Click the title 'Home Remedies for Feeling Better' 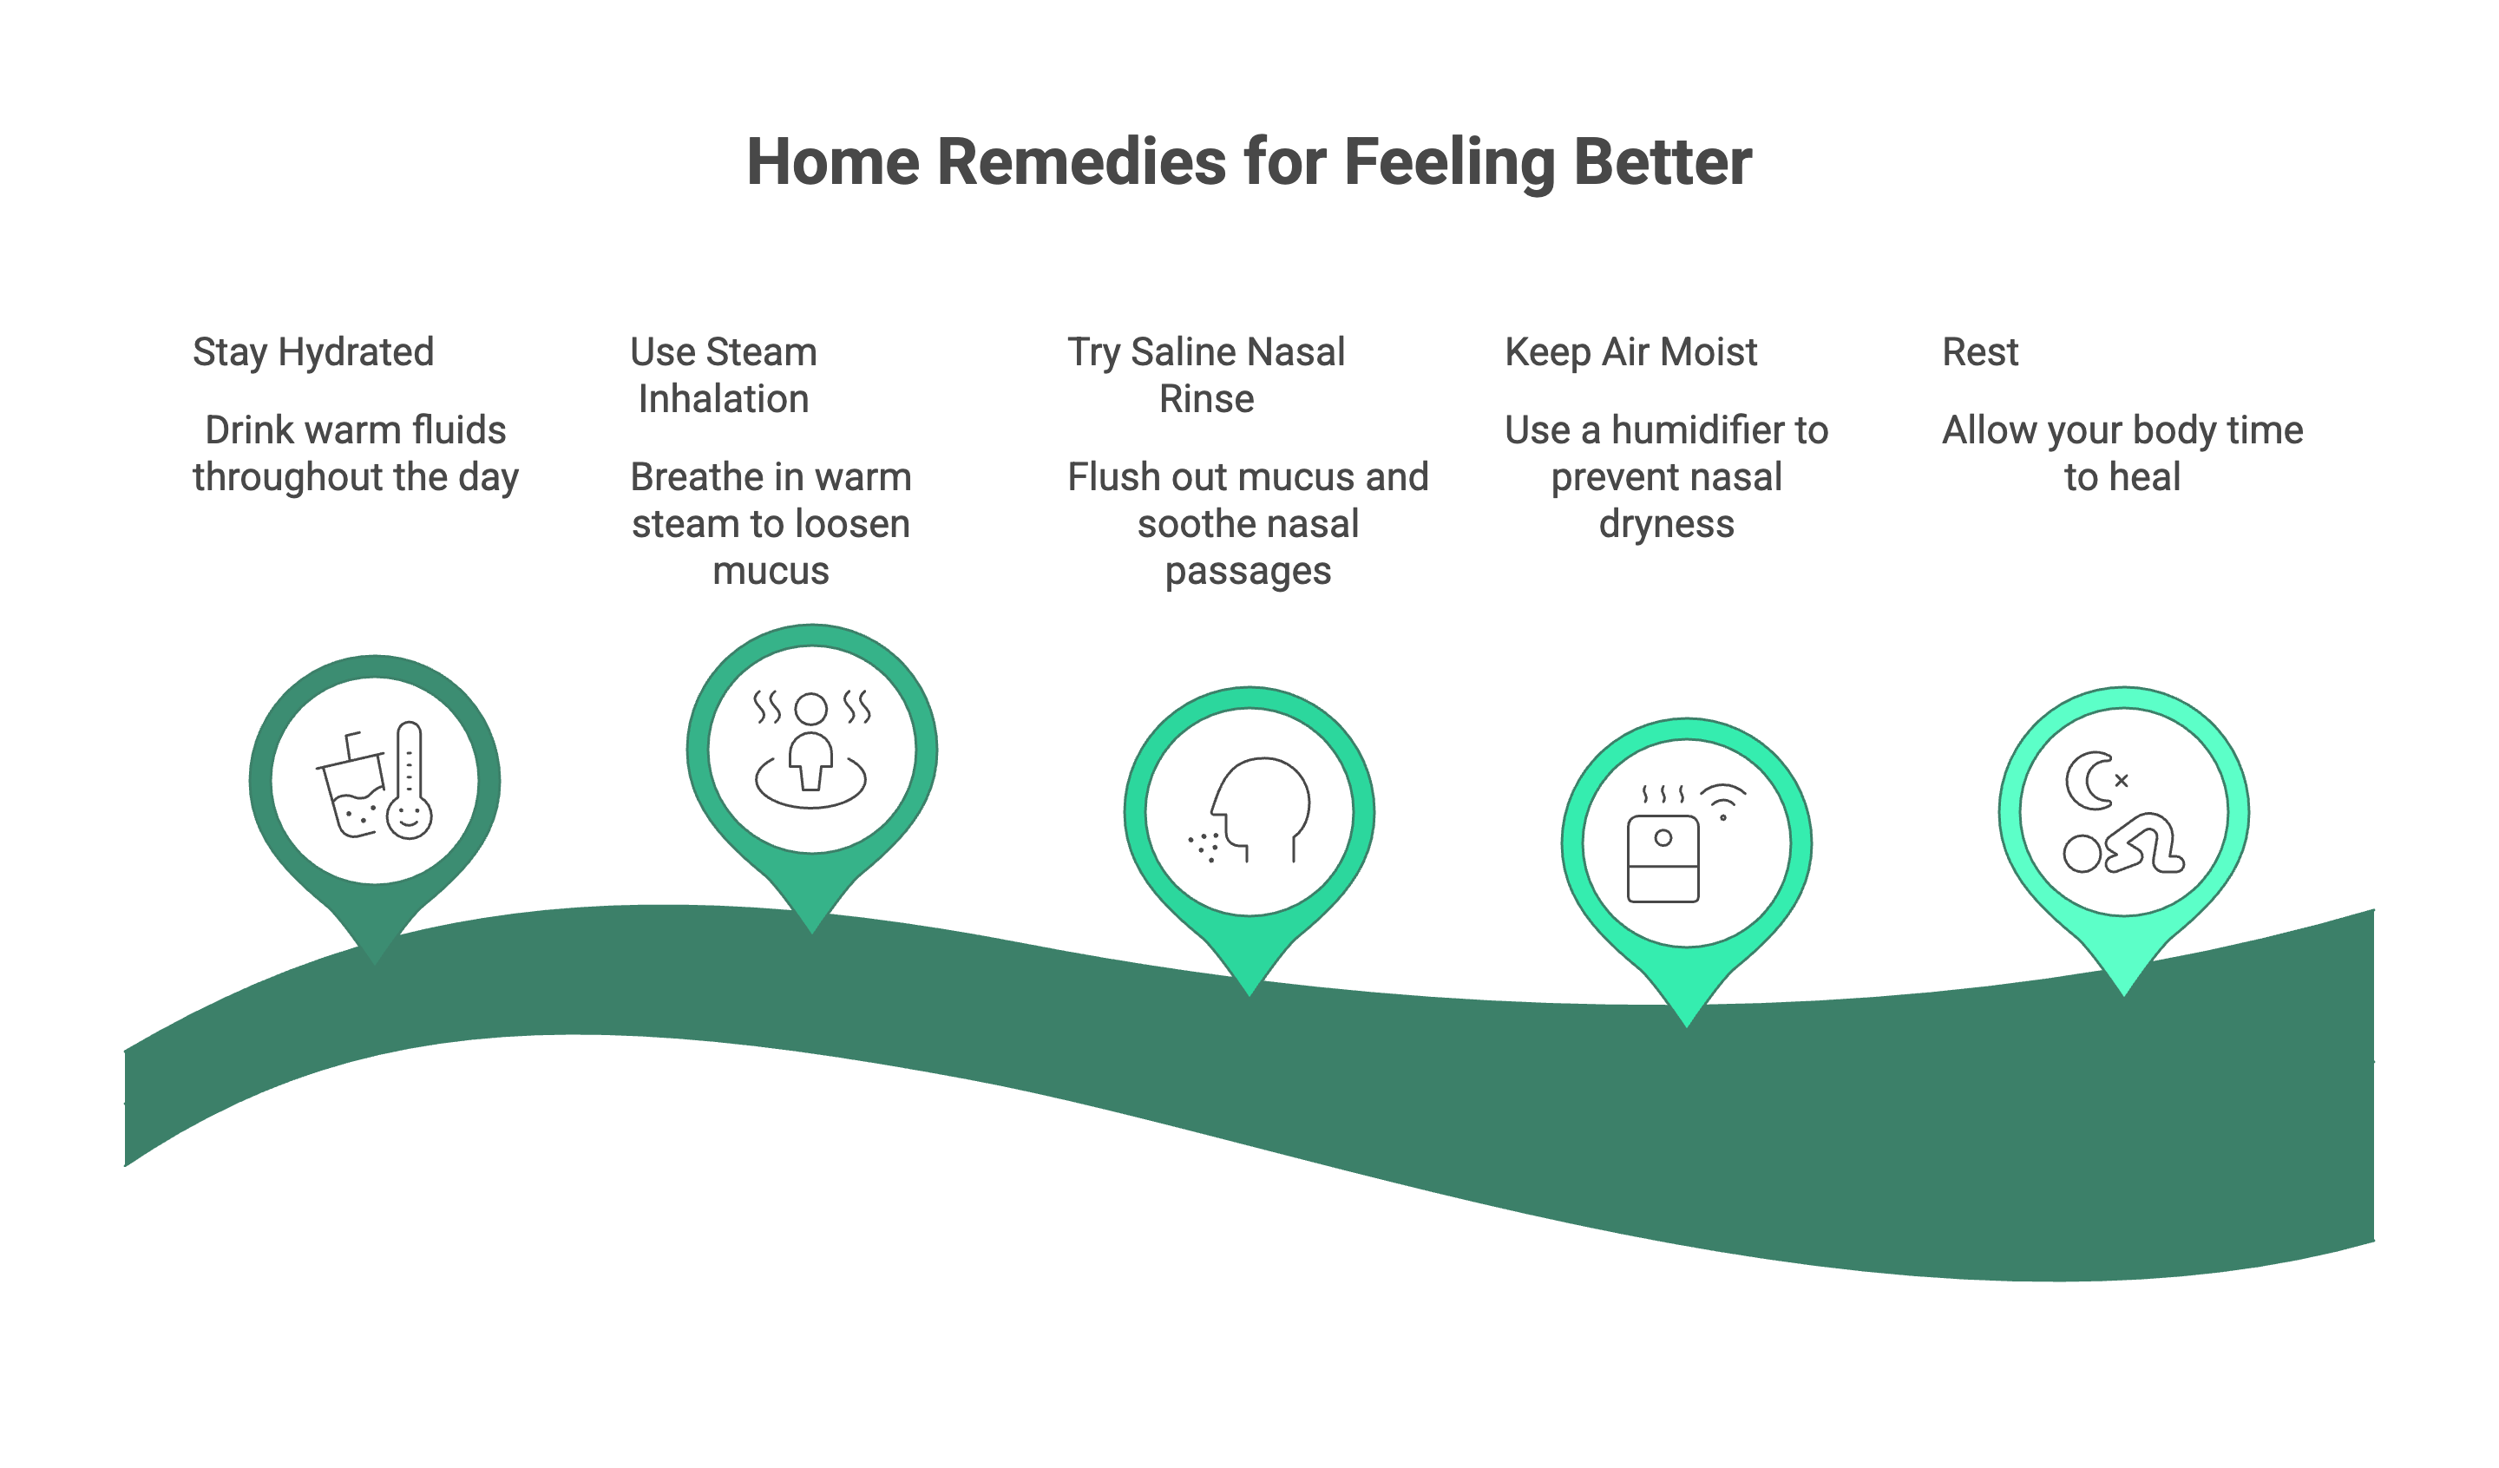pyautogui.click(x=1249, y=161)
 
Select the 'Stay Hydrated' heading pyautogui.click(x=313, y=352)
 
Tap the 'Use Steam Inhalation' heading pyautogui.click(x=724, y=375)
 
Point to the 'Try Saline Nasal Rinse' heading pyautogui.click(x=1206, y=375)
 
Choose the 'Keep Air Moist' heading pyautogui.click(x=1630, y=352)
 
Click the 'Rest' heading pyautogui.click(x=1979, y=352)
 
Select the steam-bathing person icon pyautogui.click(x=811, y=750)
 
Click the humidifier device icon pyautogui.click(x=1663, y=859)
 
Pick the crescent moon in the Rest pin pyautogui.click(x=2089, y=781)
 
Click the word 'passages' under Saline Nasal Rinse pyautogui.click(x=1248, y=573)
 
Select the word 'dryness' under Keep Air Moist pyautogui.click(x=1666, y=525)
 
